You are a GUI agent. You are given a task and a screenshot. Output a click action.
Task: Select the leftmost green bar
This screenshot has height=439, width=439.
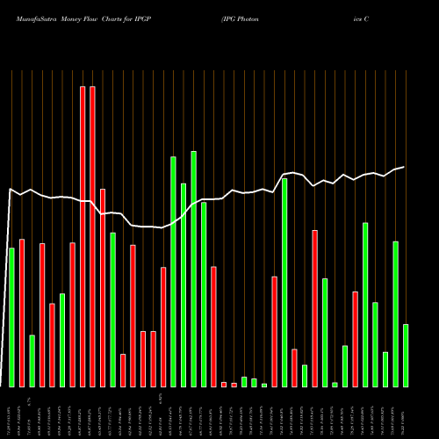(11, 317)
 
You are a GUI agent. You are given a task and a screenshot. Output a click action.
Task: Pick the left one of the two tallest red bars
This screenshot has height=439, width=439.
(83, 236)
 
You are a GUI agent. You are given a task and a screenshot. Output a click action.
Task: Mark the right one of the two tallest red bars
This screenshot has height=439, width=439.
(92, 236)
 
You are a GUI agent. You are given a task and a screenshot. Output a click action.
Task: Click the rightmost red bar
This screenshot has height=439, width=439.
(355, 339)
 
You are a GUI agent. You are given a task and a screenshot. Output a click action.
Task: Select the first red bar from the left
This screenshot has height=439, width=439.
(21, 313)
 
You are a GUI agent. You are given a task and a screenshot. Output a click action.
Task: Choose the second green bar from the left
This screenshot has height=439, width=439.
(32, 361)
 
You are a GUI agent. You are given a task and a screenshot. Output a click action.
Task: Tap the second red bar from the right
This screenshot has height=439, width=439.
(314, 308)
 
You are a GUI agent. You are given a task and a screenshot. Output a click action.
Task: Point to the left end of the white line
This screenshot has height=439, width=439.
(10, 189)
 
